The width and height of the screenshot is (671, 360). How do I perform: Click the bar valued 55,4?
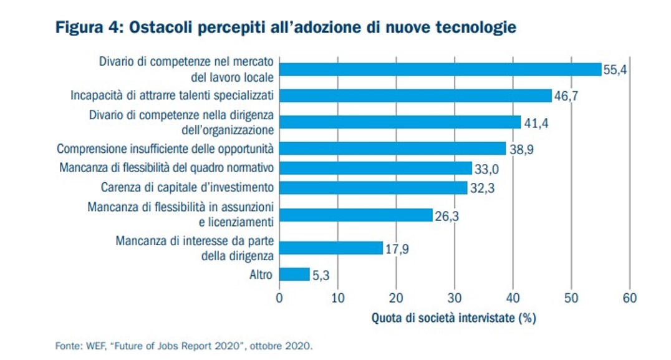(x=440, y=69)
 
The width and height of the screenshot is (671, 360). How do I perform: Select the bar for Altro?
(x=294, y=274)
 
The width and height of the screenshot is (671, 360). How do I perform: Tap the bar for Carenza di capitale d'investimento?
(x=373, y=187)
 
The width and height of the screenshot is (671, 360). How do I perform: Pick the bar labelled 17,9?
(x=331, y=248)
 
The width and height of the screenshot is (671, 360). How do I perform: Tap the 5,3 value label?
(x=321, y=275)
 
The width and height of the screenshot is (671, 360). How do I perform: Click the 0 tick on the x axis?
(x=279, y=297)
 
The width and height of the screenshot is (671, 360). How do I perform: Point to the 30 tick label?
(x=455, y=297)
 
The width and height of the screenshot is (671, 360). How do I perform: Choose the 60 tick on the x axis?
(x=630, y=297)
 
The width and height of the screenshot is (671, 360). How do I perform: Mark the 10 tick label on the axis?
(x=337, y=297)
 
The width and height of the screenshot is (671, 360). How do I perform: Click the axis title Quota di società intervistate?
(x=454, y=318)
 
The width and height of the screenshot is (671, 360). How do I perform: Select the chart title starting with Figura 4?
(x=286, y=28)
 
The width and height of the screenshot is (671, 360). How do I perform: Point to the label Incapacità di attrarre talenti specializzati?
(x=172, y=95)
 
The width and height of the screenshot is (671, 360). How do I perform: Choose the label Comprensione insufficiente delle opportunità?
(x=166, y=148)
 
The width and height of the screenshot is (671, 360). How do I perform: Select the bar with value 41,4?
(x=400, y=122)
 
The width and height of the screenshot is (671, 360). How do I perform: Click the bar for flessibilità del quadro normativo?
(x=375, y=168)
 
